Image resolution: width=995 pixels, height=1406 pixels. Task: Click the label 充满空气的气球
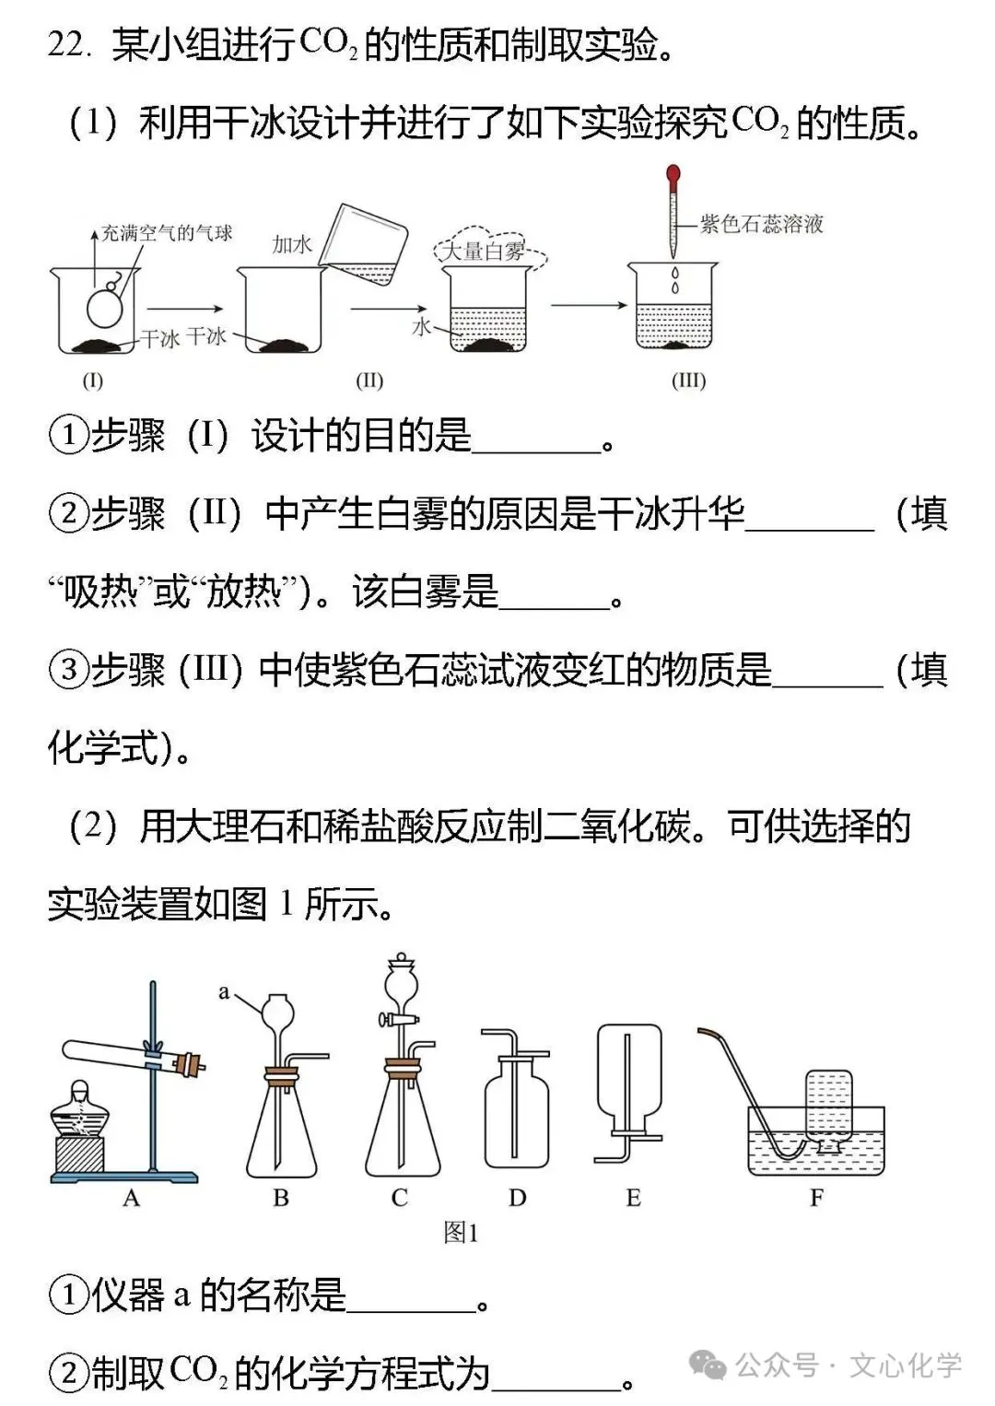(x=167, y=233)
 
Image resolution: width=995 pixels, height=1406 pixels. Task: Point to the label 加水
(x=292, y=244)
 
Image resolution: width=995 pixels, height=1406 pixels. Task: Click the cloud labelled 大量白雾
(x=486, y=251)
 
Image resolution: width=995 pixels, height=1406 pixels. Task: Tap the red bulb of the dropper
(x=673, y=173)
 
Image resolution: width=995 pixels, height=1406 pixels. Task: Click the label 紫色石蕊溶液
(x=762, y=224)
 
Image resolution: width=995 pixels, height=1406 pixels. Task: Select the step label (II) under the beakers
(x=369, y=381)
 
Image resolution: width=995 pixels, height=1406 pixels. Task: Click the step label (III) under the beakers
(x=688, y=381)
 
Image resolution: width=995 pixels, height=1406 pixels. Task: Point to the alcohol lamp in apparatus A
(x=79, y=1119)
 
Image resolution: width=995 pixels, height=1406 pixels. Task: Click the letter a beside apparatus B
(x=224, y=992)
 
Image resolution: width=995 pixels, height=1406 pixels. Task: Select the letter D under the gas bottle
(x=517, y=1198)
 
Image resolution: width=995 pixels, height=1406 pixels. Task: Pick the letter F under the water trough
(x=816, y=1198)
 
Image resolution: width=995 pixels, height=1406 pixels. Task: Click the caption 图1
(x=461, y=1233)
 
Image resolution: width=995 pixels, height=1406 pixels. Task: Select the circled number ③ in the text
(x=68, y=670)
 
